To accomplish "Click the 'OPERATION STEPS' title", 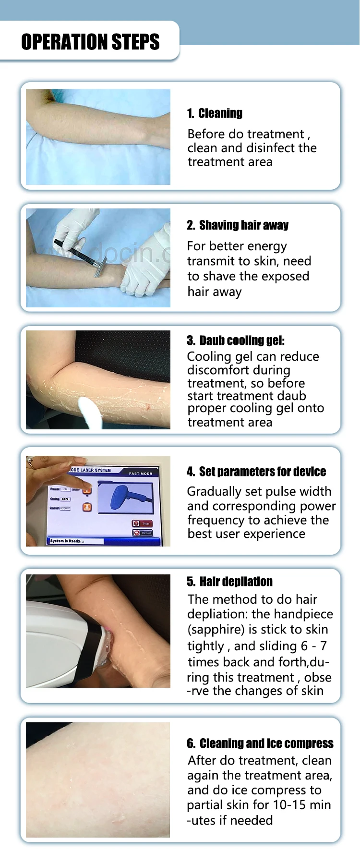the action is point(90,42).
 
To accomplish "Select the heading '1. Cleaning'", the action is point(215,113).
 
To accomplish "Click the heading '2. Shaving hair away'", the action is point(238,225).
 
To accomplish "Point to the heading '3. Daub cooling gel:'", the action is point(236,341).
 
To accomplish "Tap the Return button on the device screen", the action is point(143,533).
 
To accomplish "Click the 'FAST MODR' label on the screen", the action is point(140,474).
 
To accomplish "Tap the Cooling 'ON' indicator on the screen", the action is point(65,499).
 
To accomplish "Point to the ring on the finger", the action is point(31,463).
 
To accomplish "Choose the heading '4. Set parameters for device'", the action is point(256,472).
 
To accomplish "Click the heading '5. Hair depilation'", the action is point(229,582).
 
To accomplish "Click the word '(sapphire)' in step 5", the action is point(216,630).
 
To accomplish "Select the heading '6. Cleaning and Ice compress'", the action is point(260,743).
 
